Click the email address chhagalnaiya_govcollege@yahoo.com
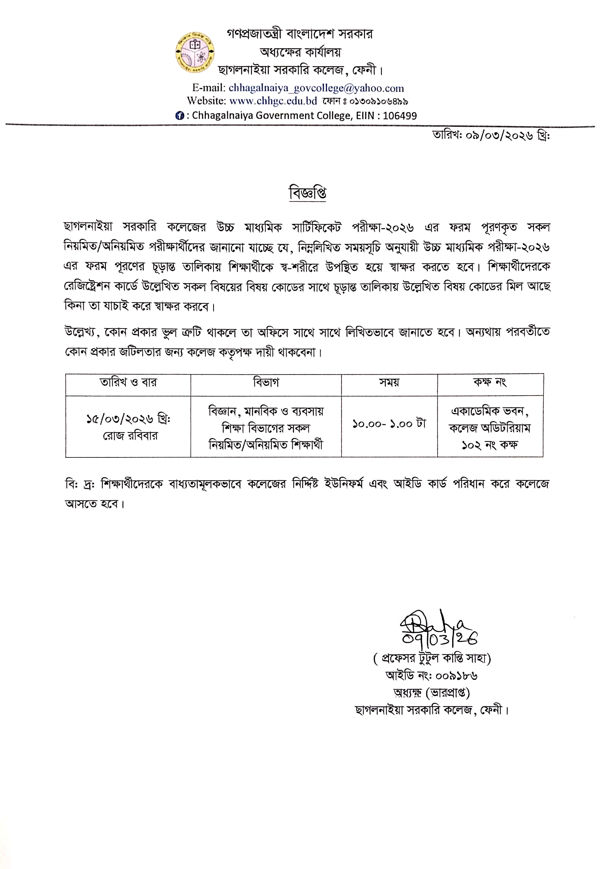point(316,88)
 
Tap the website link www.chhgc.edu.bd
point(273,101)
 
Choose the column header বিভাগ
point(266,382)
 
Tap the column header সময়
point(389,382)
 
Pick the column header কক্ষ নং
point(490,382)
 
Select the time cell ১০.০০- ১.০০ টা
point(389,424)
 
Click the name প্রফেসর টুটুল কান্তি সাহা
point(432,659)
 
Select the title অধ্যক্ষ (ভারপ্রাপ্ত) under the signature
point(432,693)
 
